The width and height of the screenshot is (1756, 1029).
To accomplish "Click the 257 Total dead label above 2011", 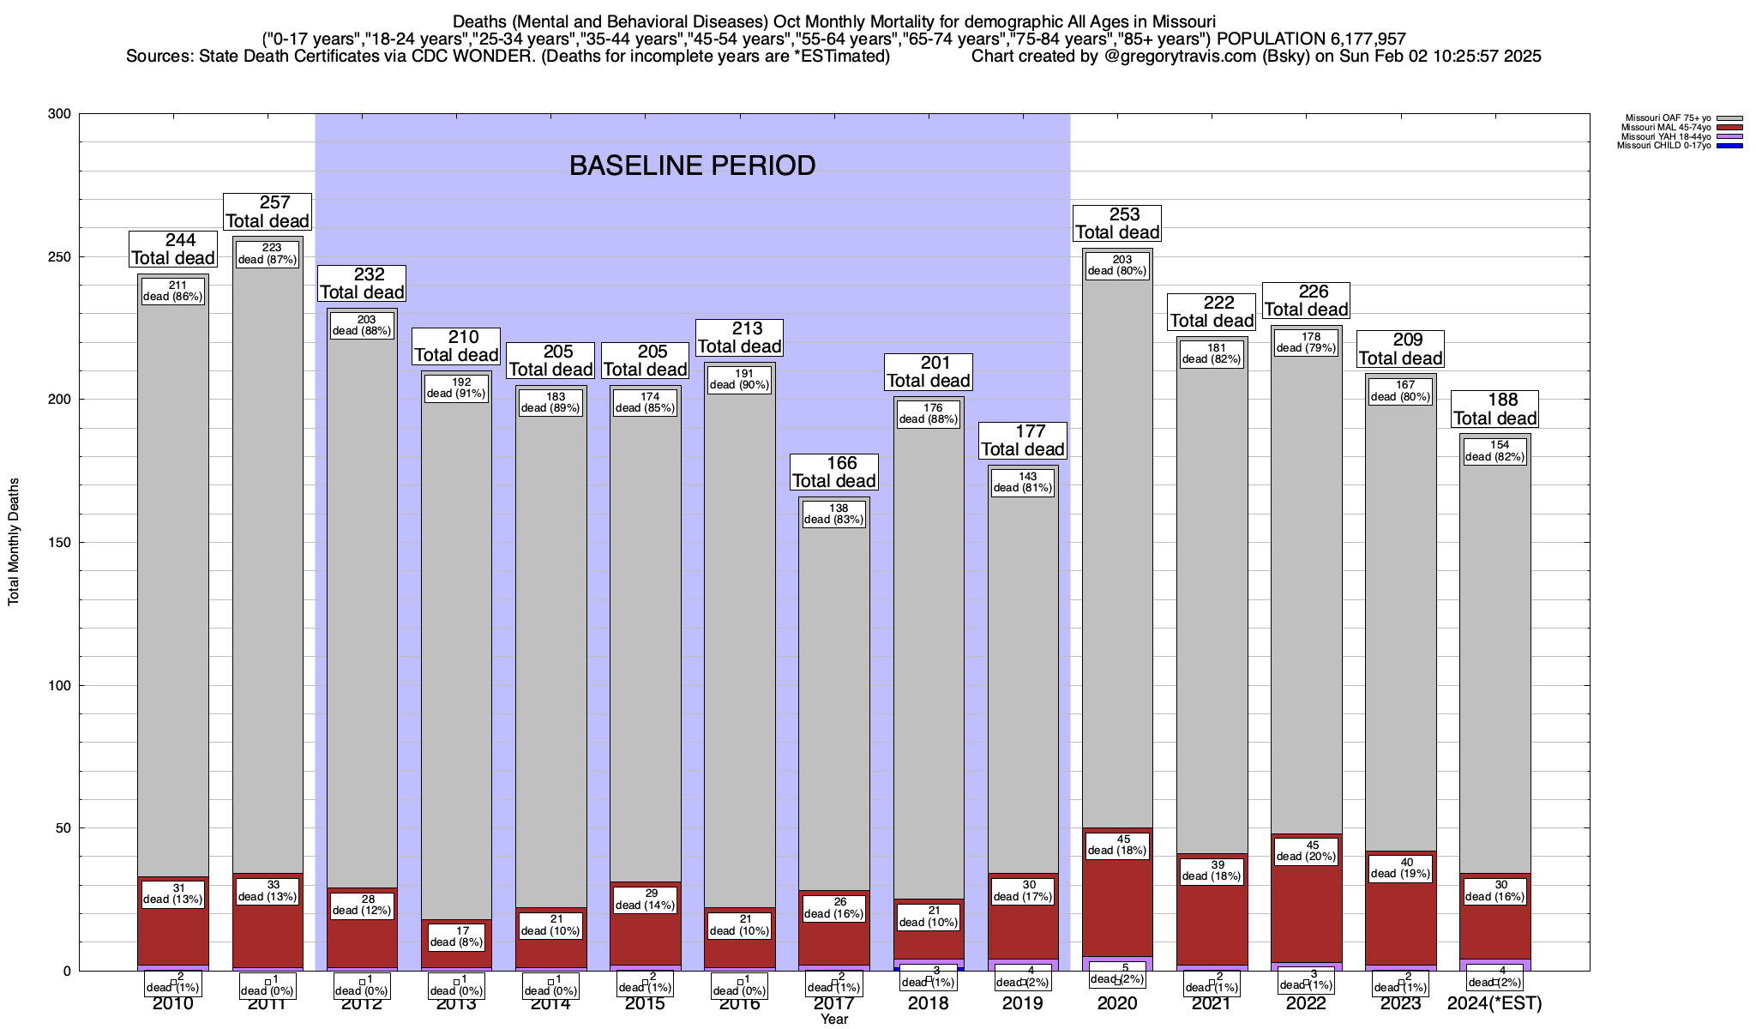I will tap(268, 212).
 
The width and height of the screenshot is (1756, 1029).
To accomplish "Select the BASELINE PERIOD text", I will tap(692, 165).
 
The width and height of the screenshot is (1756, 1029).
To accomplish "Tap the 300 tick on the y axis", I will tap(60, 114).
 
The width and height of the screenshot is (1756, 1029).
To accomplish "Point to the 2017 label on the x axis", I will tap(833, 1003).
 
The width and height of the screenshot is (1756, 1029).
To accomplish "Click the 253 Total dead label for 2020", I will tap(1117, 223).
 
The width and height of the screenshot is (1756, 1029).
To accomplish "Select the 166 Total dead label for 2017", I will tap(833, 472).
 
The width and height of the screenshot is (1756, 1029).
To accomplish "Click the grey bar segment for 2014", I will tap(550, 652).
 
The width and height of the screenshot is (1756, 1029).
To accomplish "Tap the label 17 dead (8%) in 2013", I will tap(456, 936).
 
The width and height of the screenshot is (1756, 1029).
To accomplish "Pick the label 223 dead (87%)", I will tap(268, 254).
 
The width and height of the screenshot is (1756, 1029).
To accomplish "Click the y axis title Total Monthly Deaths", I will tap(14, 542).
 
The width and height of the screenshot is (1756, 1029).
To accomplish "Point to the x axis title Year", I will tap(833, 1020).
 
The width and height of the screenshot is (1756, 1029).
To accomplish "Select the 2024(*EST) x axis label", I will tap(1494, 1003).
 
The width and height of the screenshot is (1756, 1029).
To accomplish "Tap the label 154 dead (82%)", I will tap(1494, 451).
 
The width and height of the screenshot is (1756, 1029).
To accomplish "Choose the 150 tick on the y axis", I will tap(60, 543).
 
